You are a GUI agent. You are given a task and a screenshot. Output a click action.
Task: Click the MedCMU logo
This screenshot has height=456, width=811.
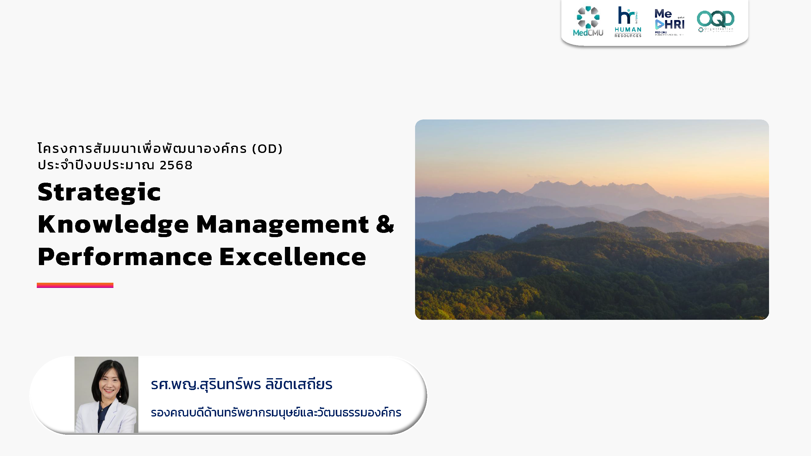[588, 21]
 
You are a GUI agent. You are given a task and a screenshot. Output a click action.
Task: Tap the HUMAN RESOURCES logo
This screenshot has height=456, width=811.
[628, 22]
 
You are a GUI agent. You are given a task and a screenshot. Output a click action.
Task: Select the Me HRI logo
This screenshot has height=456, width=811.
[669, 22]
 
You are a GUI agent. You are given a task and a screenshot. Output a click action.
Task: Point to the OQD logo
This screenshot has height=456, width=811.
[715, 20]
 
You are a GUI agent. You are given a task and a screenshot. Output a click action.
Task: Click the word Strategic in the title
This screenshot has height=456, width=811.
[99, 192]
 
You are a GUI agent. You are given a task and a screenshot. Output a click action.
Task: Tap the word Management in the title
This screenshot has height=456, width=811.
[282, 225]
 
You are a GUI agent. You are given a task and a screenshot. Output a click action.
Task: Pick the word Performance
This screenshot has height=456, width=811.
[125, 257]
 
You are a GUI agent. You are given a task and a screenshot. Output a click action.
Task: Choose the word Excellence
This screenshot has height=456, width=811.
[293, 257]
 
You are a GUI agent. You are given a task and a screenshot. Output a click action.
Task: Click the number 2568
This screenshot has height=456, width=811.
[176, 165]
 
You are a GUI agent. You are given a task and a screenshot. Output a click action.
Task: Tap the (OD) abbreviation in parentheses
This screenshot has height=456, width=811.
[267, 149]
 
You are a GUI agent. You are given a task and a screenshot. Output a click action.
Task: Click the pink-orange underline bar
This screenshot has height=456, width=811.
[75, 285]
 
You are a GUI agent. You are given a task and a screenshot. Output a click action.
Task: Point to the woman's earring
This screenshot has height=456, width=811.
[120, 394]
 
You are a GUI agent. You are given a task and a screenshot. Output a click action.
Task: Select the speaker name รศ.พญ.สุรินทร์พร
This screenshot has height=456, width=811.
[206, 385]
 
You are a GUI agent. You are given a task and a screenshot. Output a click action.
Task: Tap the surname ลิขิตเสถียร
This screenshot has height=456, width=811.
[299, 385]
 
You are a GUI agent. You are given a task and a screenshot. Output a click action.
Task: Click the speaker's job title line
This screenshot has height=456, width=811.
[276, 413]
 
